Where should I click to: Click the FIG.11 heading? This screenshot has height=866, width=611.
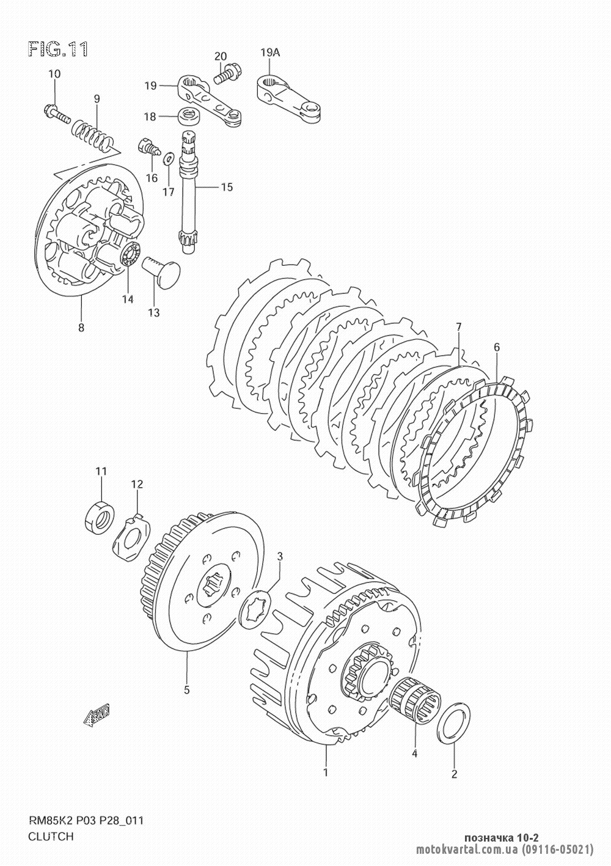click(58, 49)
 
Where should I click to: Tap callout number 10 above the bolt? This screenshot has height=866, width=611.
click(54, 74)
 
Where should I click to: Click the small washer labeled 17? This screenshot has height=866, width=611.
click(169, 158)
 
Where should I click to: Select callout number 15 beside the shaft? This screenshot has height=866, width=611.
click(227, 188)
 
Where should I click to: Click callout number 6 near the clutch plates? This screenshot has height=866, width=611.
click(496, 347)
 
